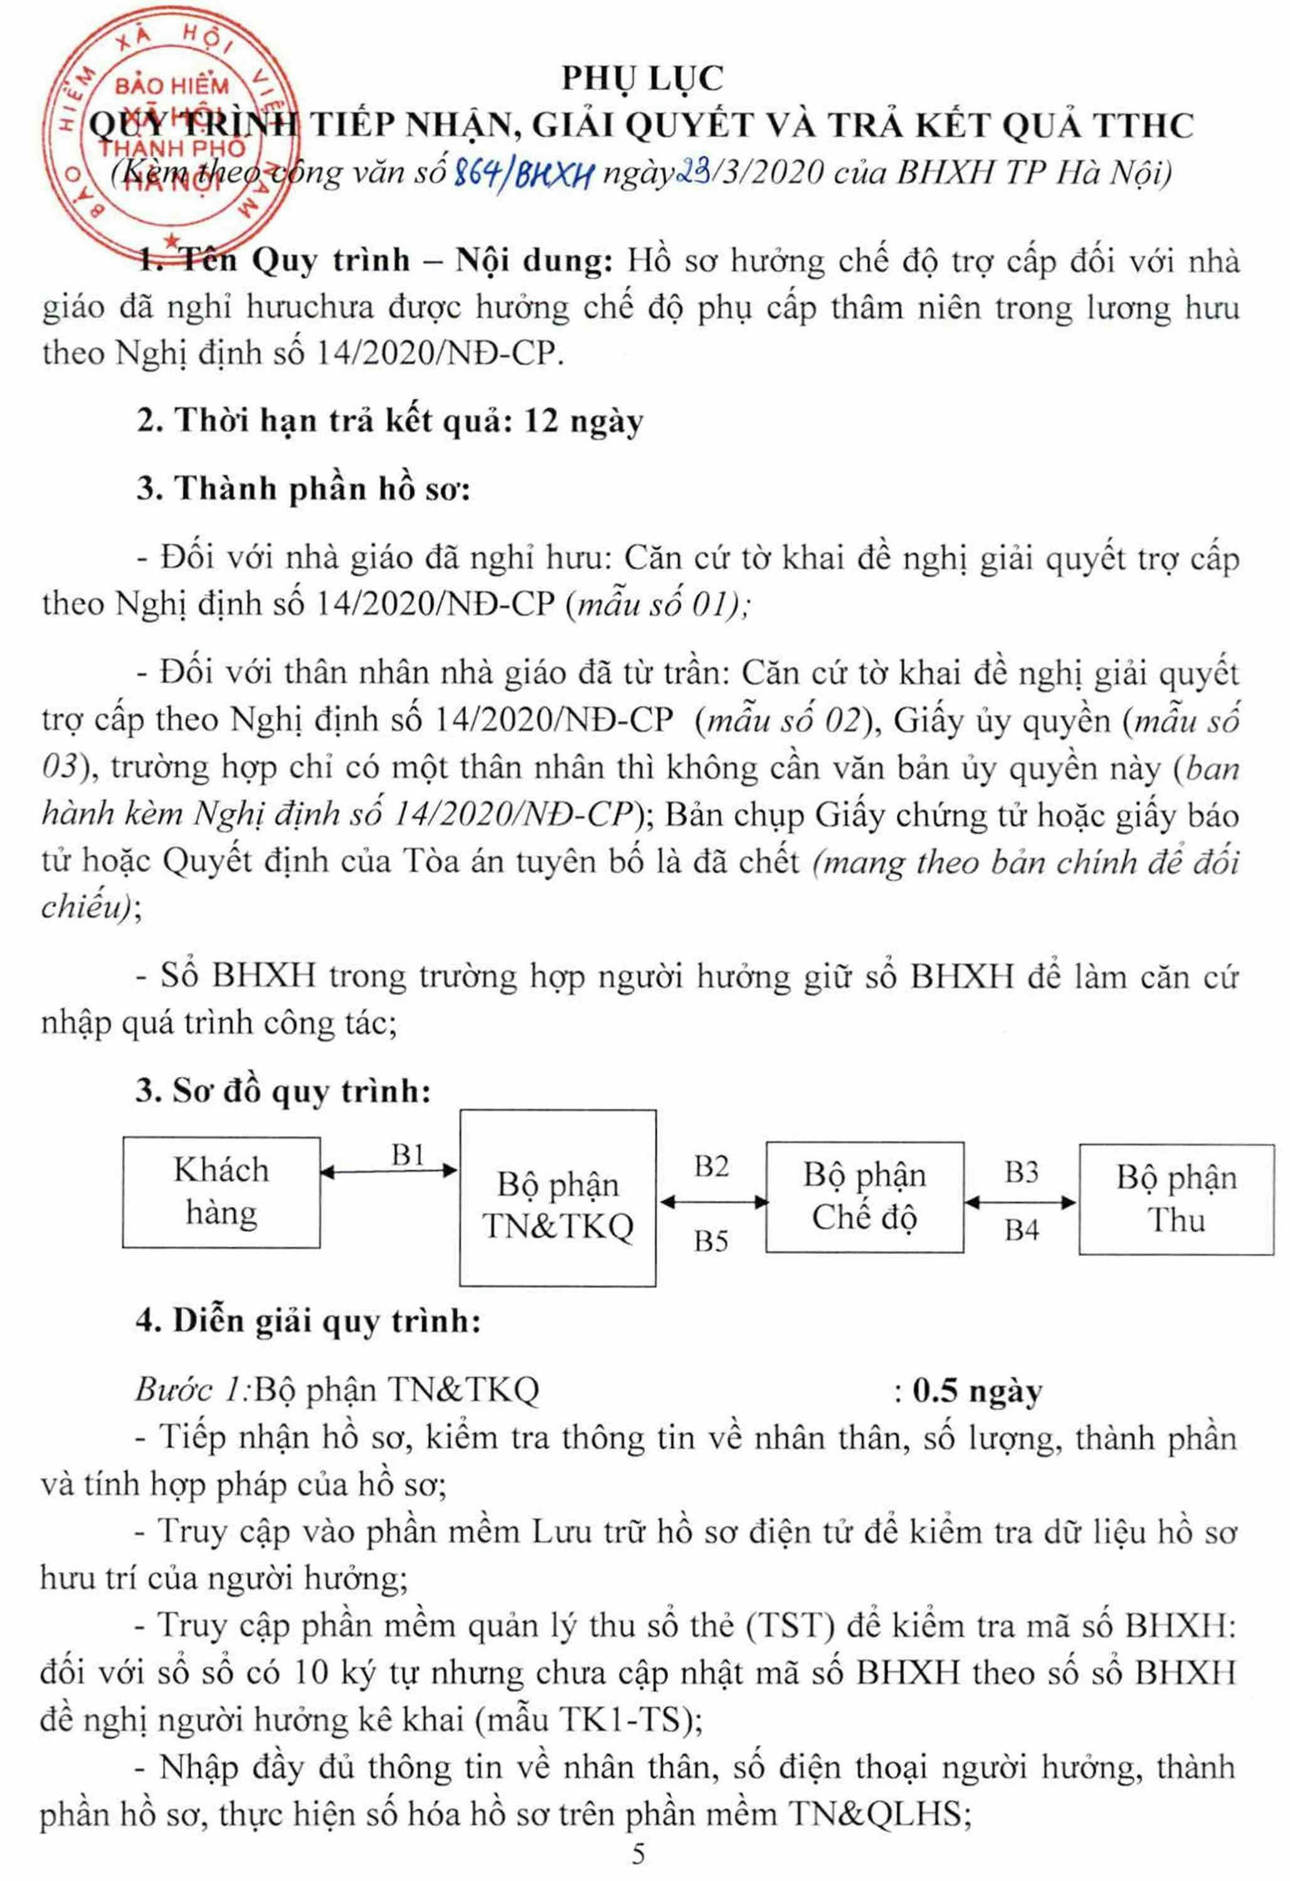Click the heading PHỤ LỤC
(643, 78)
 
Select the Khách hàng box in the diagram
(221, 1192)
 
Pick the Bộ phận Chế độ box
(864, 1197)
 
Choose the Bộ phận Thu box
(1176, 1198)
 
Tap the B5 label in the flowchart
(711, 1241)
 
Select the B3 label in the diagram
(1021, 1172)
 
